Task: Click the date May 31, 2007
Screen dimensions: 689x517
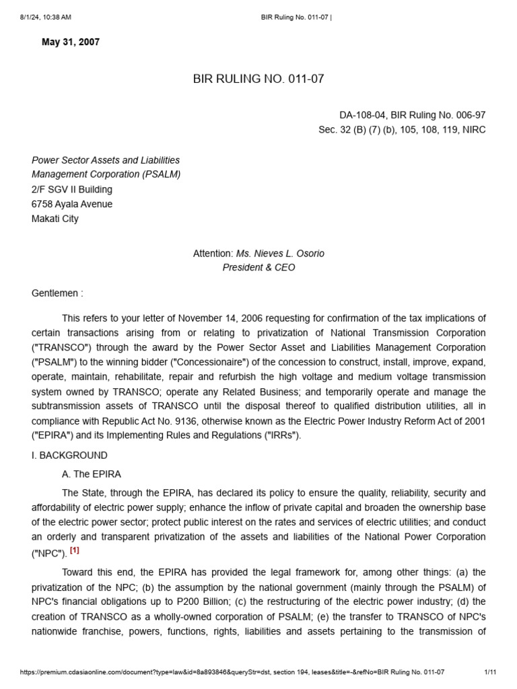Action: click(71, 42)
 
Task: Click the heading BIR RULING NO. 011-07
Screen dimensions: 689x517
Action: click(258, 79)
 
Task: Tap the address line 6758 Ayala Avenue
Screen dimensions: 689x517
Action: click(72, 204)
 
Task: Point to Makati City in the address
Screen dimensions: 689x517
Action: click(55, 219)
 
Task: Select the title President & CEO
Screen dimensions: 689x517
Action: click(258, 268)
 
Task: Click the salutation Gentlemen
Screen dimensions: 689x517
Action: click(57, 293)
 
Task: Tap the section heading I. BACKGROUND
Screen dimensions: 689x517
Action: click(69, 455)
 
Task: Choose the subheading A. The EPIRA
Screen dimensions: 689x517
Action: click(92, 474)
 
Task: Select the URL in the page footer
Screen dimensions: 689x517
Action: click(232, 672)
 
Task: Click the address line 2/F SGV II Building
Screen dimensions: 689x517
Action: click(72, 190)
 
